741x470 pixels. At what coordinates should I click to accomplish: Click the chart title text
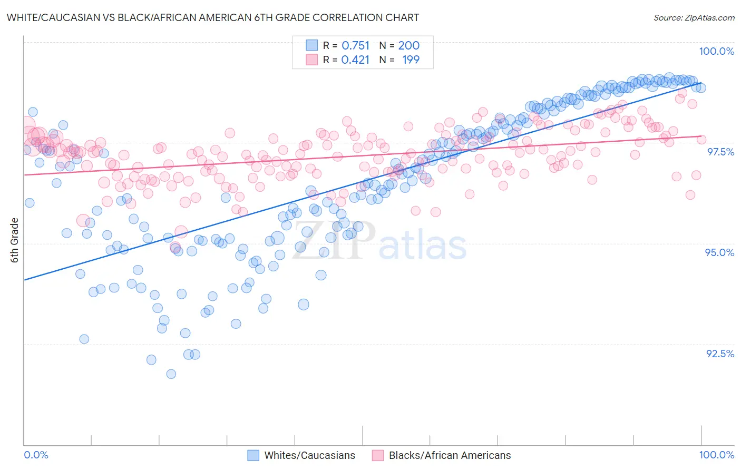(213, 17)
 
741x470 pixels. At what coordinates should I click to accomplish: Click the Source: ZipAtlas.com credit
(694, 17)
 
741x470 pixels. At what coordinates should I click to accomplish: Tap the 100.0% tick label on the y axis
(716, 51)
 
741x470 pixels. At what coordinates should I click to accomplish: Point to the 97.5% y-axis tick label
(720, 152)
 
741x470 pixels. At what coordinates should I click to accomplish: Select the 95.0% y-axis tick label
(719, 252)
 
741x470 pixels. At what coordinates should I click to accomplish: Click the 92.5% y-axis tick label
(720, 354)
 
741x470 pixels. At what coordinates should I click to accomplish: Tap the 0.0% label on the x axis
(36, 455)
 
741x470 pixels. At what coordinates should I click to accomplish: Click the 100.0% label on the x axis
(716, 455)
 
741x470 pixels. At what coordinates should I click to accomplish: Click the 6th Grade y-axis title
(15, 240)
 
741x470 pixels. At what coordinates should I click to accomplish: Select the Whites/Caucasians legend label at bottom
(309, 455)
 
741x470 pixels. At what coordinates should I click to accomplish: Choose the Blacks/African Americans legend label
(450, 455)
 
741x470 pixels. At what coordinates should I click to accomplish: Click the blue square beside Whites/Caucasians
(253, 455)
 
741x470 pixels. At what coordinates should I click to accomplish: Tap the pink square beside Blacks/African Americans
(378, 455)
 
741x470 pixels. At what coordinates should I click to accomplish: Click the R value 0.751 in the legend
(356, 46)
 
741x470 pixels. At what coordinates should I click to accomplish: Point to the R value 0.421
(355, 60)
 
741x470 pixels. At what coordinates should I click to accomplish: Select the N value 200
(409, 46)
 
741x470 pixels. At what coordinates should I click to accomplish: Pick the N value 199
(411, 60)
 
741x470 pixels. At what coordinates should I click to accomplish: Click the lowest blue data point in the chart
(171, 374)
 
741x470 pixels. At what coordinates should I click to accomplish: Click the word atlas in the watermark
(423, 246)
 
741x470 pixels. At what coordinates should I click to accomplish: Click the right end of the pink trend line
(701, 136)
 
